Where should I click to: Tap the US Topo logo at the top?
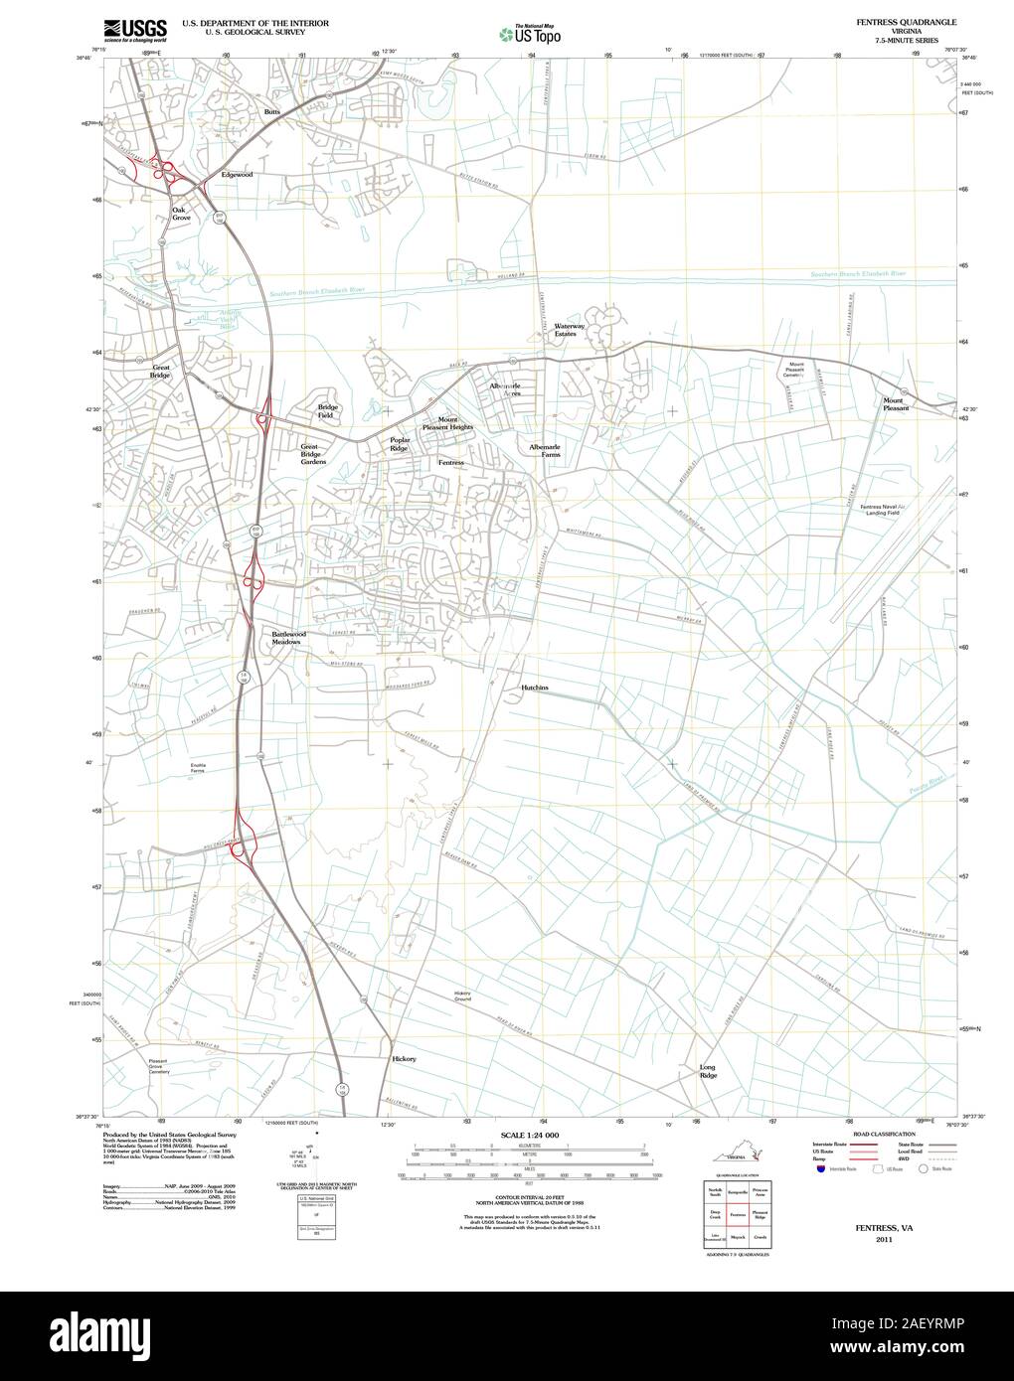point(529,34)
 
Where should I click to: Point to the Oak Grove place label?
point(180,214)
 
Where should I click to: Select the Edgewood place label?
point(237,175)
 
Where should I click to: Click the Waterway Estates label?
point(570,330)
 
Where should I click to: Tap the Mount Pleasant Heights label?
point(447,423)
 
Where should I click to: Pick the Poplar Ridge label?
point(400,444)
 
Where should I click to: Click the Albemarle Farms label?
point(545,450)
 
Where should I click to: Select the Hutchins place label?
point(535,688)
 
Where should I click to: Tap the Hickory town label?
point(405,1059)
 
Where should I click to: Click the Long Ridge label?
point(708,1071)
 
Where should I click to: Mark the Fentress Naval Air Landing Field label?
point(882,510)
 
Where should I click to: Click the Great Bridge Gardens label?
point(313,454)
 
